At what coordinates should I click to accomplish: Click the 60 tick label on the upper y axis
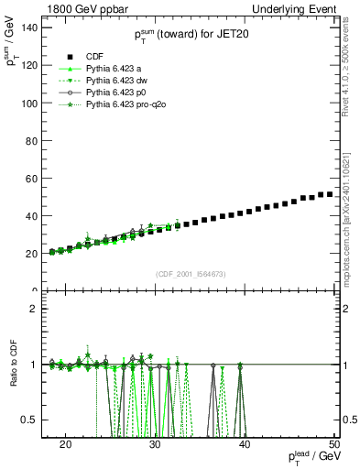36,179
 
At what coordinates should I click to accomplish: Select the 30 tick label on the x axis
155,443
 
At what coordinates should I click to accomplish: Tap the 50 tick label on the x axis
334,443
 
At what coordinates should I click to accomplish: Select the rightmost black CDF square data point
329,194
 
